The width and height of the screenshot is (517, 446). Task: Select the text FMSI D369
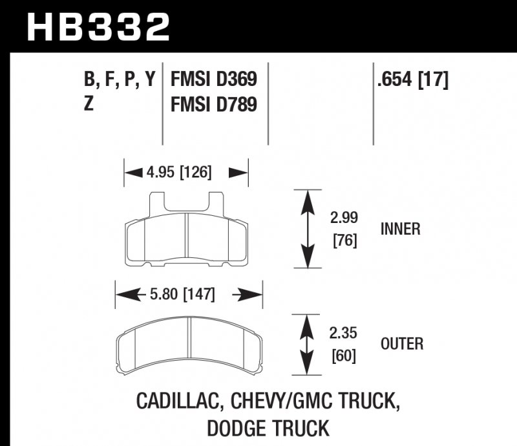(x=213, y=81)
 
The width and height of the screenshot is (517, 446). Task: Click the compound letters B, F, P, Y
(x=119, y=81)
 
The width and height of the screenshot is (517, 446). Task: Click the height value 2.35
(x=344, y=334)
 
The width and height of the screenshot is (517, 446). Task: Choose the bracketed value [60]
(x=344, y=356)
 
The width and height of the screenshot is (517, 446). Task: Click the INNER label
(x=401, y=229)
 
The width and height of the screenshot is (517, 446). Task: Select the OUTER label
(x=402, y=344)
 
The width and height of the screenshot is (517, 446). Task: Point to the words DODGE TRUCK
(x=268, y=428)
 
